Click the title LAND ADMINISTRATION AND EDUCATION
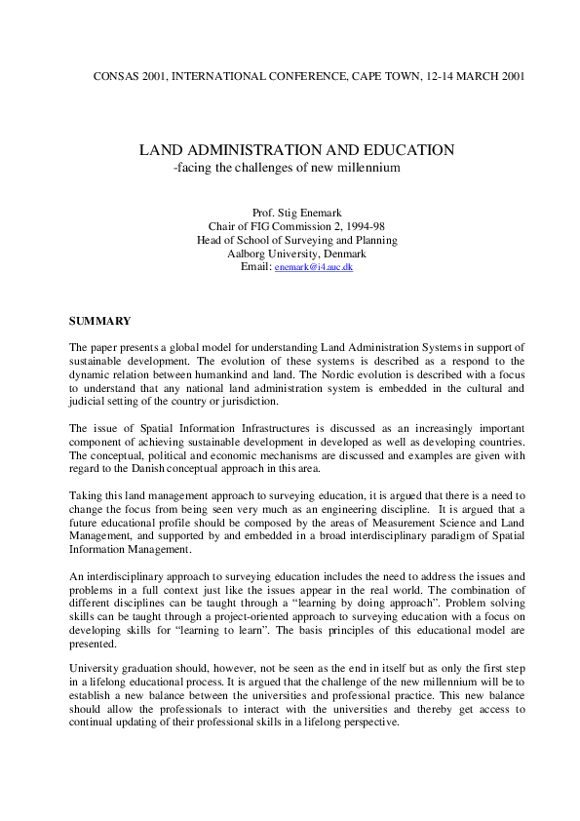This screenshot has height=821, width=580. [x=296, y=150]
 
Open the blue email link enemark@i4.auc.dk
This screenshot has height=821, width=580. [x=313, y=267]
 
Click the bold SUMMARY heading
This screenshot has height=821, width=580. [x=99, y=320]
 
